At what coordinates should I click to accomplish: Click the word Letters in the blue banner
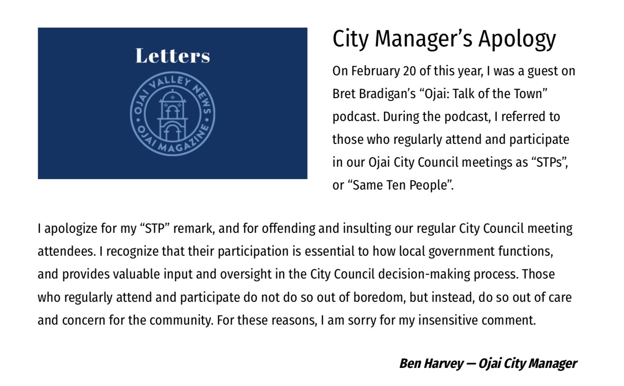(x=172, y=56)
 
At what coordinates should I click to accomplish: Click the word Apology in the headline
(x=517, y=38)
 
